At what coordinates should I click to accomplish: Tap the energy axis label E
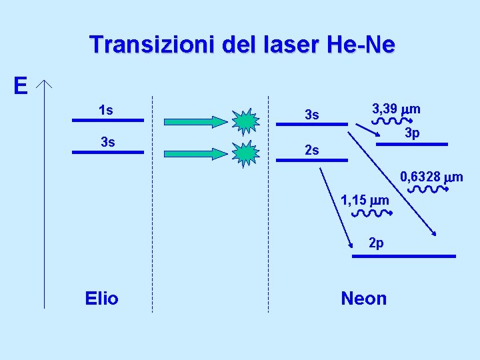21,86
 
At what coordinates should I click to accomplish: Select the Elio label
102,298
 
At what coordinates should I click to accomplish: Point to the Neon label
363,298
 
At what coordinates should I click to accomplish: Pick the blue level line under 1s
107,121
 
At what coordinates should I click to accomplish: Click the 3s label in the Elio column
107,142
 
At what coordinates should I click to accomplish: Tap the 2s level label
311,151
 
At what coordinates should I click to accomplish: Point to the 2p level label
376,244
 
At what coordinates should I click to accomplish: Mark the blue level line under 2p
404,256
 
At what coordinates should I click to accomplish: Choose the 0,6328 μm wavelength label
431,177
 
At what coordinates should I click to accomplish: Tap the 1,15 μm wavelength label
365,199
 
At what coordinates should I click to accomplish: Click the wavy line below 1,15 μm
370,214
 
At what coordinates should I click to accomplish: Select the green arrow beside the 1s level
195,121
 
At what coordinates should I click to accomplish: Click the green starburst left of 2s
246,153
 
